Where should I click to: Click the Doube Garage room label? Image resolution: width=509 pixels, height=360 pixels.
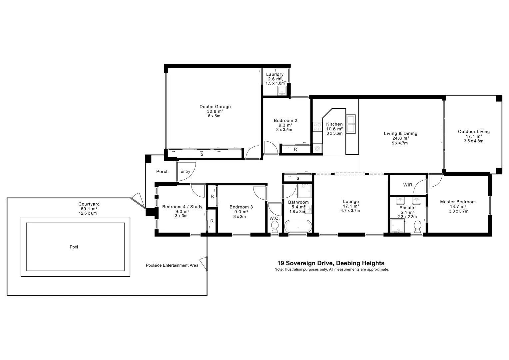pos(215,107)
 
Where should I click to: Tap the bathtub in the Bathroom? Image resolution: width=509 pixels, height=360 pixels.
pos(298,227)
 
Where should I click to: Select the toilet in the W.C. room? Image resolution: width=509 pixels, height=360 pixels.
pos(275,228)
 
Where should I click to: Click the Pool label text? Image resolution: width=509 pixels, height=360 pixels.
pos(74,247)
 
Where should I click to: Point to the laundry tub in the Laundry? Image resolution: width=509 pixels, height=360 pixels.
pos(282,91)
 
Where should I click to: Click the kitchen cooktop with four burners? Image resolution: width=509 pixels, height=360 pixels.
pos(317,127)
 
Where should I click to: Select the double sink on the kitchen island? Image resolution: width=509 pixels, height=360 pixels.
pos(351,124)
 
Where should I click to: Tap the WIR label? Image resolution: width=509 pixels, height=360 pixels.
pos(408,185)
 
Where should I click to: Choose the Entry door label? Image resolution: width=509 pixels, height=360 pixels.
pos(185,171)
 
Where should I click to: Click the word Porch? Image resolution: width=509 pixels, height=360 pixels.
pos(163,171)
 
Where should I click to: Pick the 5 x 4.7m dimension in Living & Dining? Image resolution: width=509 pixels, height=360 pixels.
pos(400,143)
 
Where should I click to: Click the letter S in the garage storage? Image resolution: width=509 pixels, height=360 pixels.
pos(202,154)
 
